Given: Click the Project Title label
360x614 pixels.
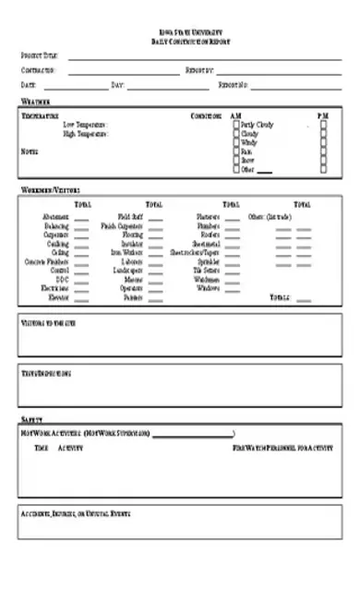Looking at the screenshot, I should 39,56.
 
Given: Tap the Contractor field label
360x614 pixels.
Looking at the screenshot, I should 38,70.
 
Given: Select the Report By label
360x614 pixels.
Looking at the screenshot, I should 199,70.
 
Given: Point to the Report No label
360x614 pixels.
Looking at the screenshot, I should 234,85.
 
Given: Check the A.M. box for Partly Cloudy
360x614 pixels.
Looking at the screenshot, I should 236,125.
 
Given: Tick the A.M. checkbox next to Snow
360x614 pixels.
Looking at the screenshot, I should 236,161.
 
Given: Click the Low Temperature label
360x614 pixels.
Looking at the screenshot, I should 86,125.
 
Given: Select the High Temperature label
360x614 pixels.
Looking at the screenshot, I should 86,134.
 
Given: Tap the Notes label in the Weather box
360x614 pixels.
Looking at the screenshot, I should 30,151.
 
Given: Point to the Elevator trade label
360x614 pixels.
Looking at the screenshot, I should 58,298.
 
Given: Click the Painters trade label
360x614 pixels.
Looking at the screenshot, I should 132,298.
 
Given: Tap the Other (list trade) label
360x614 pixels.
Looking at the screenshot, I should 270,216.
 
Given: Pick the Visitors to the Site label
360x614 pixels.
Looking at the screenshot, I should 48,323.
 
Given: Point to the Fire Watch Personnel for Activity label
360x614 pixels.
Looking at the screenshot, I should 282,448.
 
